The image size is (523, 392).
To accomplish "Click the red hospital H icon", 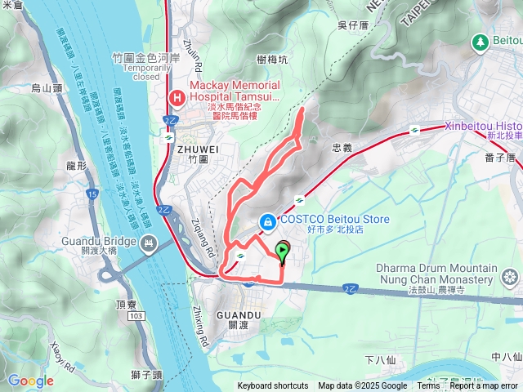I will pyautogui.click(x=177, y=99).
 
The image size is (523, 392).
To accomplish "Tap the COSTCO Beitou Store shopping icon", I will pyautogui.click(x=267, y=221).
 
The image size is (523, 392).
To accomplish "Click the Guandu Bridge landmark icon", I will pyautogui.click(x=149, y=243).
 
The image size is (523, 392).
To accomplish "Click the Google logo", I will pyautogui.click(x=30, y=381).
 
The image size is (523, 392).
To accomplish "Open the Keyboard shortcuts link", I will pyautogui.click(x=273, y=386).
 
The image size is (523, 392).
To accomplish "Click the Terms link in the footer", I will pyautogui.click(x=429, y=386).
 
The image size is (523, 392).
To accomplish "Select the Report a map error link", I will pyautogui.click(x=484, y=386).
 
